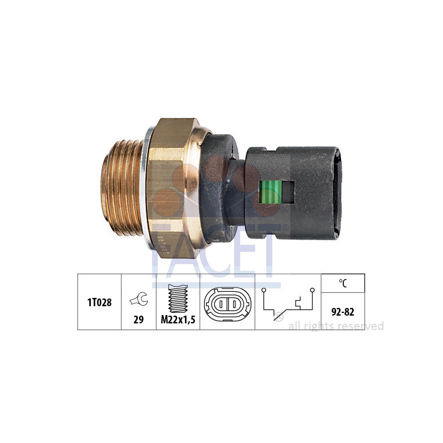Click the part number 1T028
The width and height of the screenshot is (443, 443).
100,302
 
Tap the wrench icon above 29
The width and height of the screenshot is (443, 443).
139,299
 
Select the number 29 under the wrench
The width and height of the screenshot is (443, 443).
138,320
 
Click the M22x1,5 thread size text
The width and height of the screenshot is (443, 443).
178,320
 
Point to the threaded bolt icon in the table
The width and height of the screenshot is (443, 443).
178,298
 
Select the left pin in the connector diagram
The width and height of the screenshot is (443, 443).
221,304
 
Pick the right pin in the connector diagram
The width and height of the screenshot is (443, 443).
234,304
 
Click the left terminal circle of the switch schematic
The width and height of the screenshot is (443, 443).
264,290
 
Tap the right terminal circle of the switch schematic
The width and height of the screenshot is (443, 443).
312,290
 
